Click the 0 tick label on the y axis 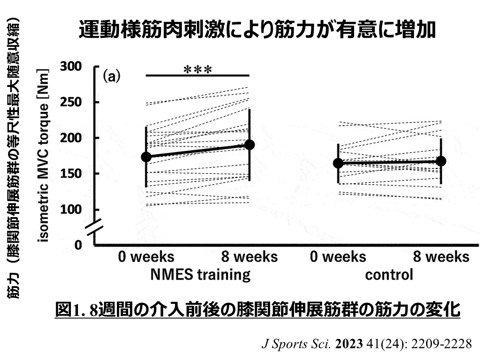pyautogui.click(x=78, y=244)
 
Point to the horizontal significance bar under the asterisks pyautogui.click(x=197, y=75)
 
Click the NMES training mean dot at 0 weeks pyautogui.click(x=146, y=157)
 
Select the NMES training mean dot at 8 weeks pyautogui.click(x=249, y=145)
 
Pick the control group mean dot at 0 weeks pyautogui.click(x=338, y=163)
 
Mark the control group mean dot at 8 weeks pyautogui.click(x=441, y=161)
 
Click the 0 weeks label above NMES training pyautogui.click(x=146, y=256)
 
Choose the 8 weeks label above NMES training pyautogui.click(x=249, y=256)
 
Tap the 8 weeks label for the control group pyautogui.click(x=441, y=256)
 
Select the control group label pyautogui.click(x=389, y=275)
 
